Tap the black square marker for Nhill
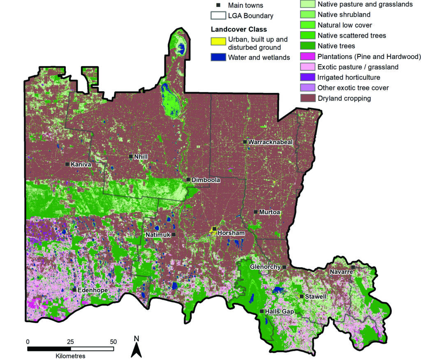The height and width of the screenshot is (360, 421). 131,157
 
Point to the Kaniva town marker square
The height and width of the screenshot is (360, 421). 67,164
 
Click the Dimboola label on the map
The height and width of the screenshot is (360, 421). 206,180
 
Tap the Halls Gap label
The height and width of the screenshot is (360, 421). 280,312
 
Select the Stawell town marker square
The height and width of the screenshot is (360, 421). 301,296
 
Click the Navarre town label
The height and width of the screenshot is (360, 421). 339,272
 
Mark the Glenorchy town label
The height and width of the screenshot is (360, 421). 265,267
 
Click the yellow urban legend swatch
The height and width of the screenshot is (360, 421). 218,42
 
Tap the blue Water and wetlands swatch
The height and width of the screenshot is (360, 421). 218,57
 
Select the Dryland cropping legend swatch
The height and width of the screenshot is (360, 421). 307,98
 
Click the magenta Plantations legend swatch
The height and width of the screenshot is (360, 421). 307,56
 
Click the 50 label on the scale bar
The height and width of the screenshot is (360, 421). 113,342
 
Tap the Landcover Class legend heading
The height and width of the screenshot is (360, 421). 238,30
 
